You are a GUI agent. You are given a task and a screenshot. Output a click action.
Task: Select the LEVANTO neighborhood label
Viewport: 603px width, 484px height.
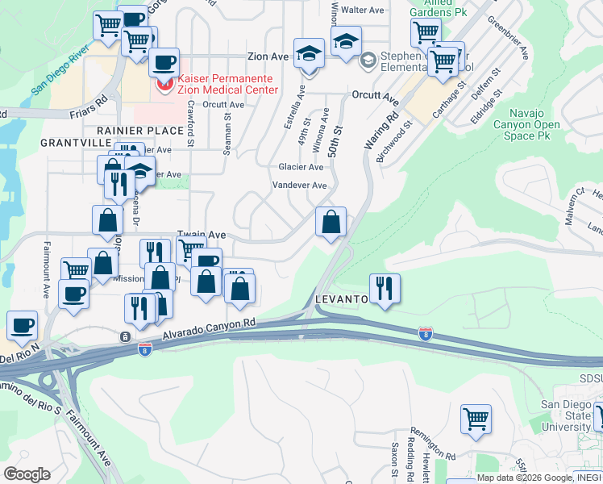[341, 298]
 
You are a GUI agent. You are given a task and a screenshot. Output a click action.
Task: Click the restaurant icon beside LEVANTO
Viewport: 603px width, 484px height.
[385, 289]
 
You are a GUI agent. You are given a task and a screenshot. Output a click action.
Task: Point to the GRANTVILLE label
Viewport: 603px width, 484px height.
[77, 142]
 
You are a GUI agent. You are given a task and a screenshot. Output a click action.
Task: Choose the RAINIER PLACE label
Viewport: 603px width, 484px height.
[140, 130]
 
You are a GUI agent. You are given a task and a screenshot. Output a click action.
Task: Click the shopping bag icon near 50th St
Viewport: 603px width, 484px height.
[331, 222]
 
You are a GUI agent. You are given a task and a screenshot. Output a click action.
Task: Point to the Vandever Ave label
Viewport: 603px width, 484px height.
[299, 185]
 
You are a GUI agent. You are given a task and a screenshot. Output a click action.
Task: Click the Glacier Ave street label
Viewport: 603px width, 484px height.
[301, 167]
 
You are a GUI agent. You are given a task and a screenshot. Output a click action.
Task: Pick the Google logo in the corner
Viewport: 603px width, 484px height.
[27, 474]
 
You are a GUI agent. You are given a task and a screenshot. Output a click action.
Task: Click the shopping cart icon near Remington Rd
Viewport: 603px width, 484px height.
[476, 419]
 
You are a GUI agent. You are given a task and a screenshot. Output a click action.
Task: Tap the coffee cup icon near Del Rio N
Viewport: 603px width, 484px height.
[23, 325]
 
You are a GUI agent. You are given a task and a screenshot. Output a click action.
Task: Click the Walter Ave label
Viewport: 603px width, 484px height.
[362, 10]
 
